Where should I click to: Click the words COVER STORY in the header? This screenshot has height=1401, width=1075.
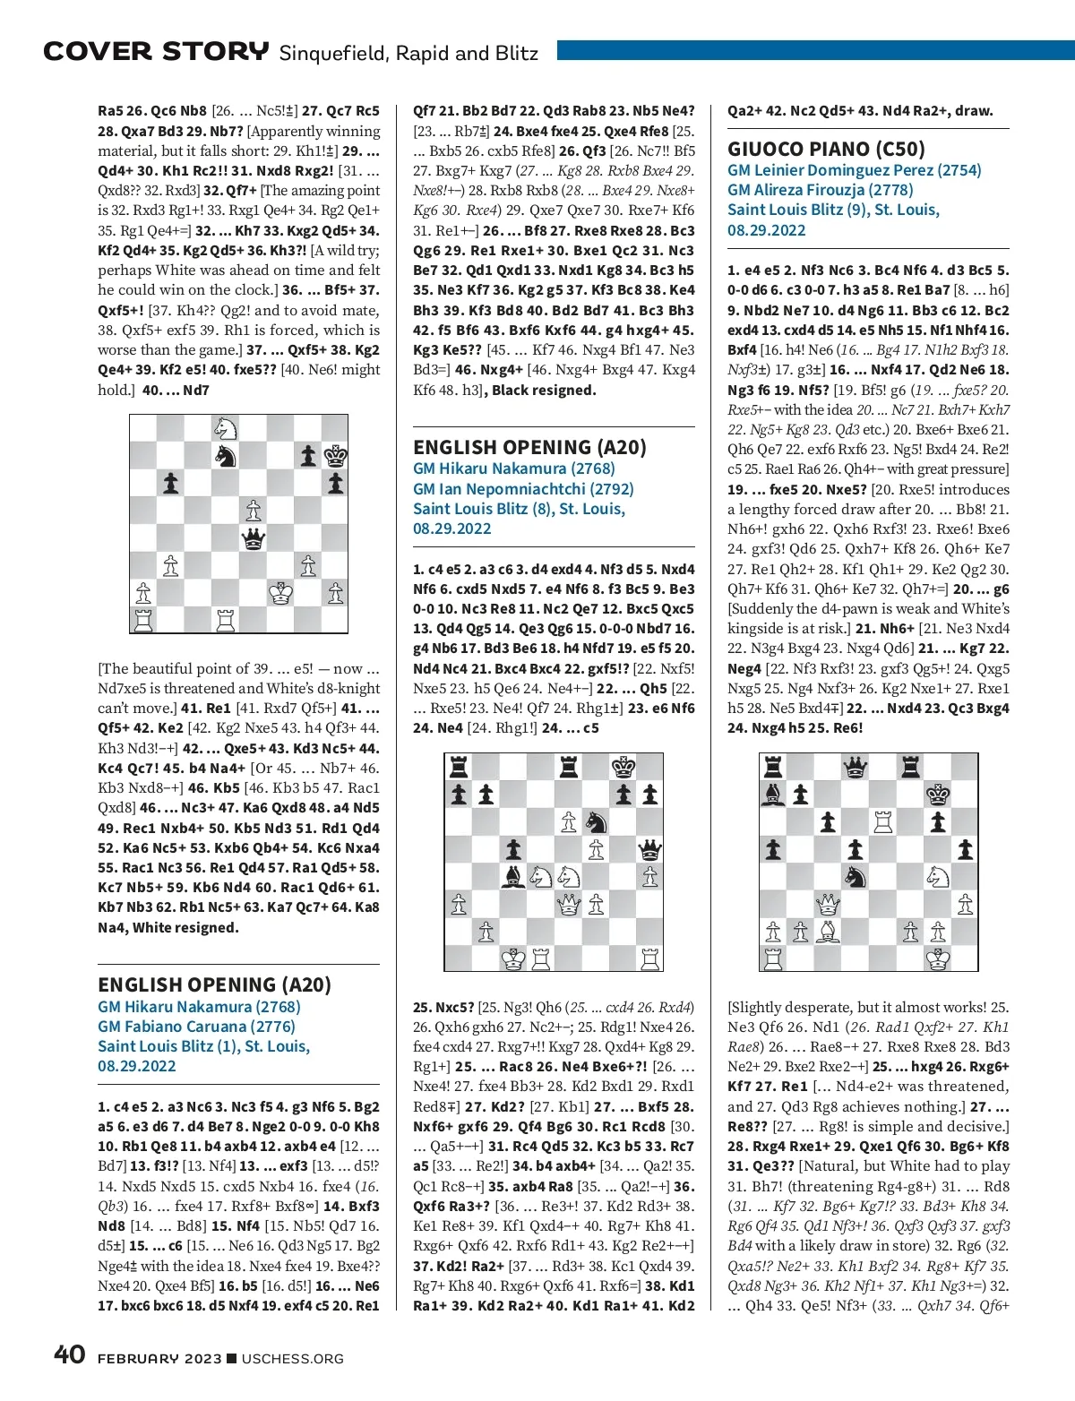156,52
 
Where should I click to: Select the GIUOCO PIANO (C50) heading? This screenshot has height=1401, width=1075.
826,149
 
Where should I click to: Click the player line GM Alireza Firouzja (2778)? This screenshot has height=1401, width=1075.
820,190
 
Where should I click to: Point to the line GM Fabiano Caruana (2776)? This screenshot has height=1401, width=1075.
196,1027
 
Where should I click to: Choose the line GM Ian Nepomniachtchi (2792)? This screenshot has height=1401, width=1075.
523,489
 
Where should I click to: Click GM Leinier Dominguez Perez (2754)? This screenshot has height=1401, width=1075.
854,170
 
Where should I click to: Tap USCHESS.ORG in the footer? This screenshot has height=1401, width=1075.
293,1359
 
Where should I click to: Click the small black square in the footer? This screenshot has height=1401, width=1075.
232,1359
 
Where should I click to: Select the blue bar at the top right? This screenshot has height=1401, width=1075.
815,51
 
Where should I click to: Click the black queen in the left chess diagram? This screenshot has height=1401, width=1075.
254,538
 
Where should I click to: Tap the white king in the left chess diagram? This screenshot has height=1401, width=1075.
281,593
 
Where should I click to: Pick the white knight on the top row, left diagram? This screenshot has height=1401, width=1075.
226,428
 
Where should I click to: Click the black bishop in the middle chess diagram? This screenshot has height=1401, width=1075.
513,876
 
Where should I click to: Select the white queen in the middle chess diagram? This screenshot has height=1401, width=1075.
569,904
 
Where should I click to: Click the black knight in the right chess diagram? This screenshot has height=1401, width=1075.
856,876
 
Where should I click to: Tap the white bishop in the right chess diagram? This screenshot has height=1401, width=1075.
829,932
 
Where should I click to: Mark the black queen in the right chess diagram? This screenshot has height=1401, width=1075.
856,767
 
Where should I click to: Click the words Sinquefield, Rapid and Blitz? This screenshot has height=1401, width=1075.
408,53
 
